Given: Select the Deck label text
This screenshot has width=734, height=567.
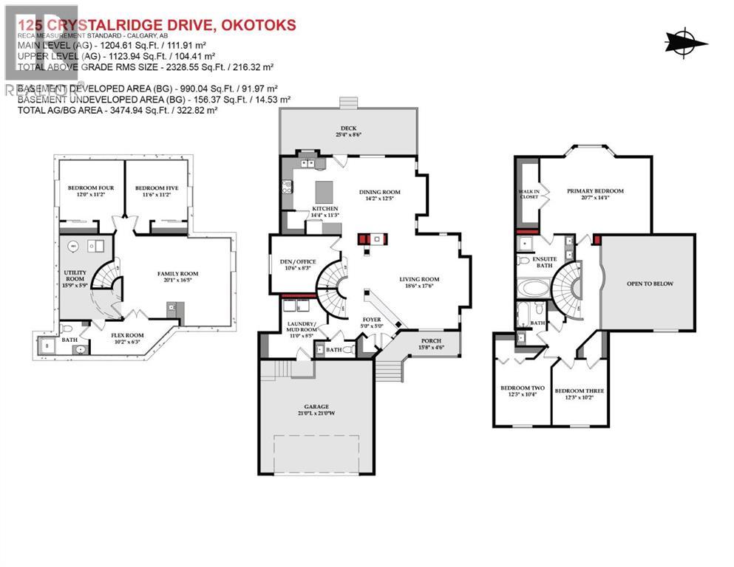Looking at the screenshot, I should coord(348,128).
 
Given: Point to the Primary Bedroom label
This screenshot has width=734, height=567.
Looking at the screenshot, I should coord(595,191).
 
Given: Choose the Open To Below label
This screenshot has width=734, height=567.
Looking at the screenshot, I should coord(649,283).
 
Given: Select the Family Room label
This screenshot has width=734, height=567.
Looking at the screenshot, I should coord(177,274).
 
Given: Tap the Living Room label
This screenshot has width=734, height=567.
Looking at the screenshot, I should coord(419,279).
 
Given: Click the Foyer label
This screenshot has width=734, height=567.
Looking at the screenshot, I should coord(371,319).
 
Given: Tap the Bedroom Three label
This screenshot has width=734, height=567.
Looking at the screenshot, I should coord(580,391).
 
